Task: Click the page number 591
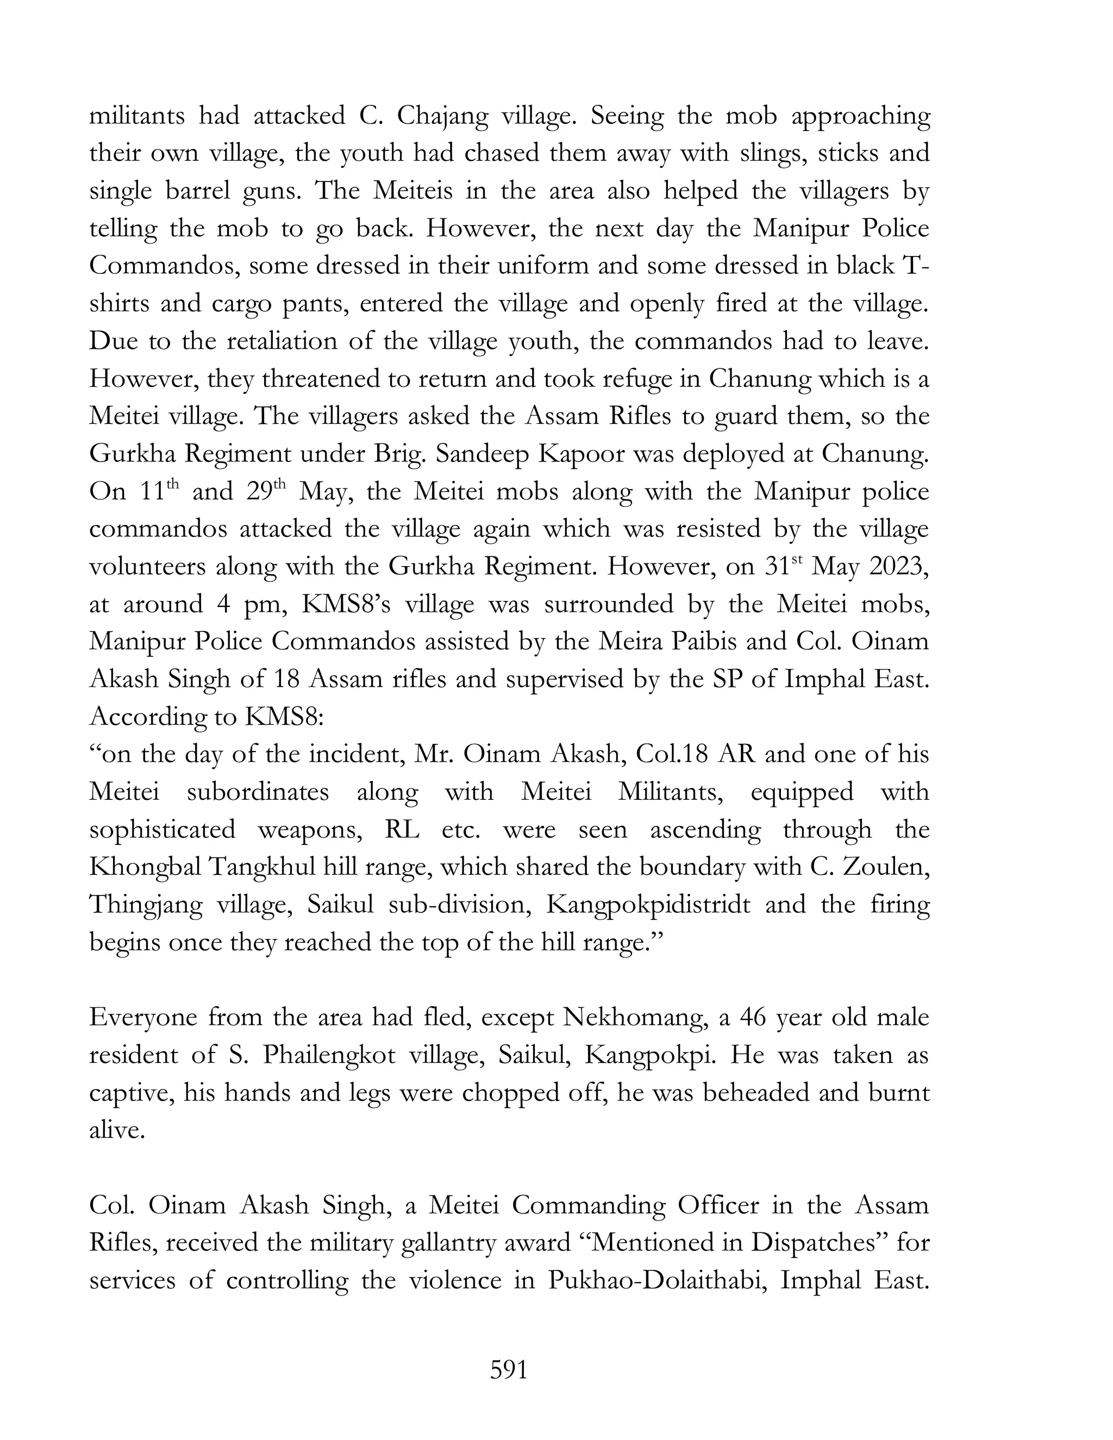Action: (x=508, y=1370)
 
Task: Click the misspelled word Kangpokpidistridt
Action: (x=648, y=905)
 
